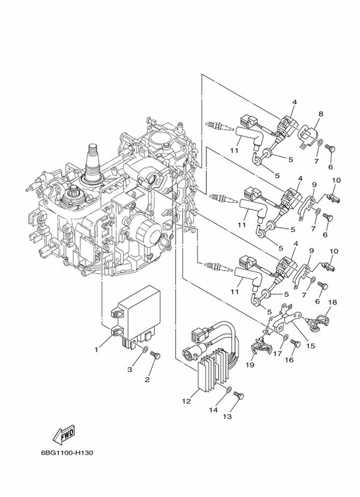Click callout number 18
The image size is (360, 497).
(x=332, y=303)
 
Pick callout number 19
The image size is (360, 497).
(x=250, y=365)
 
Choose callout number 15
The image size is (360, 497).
(x=311, y=345)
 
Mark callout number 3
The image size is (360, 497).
(x=130, y=370)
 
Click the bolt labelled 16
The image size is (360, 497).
(x=294, y=344)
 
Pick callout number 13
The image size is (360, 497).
(x=227, y=417)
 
